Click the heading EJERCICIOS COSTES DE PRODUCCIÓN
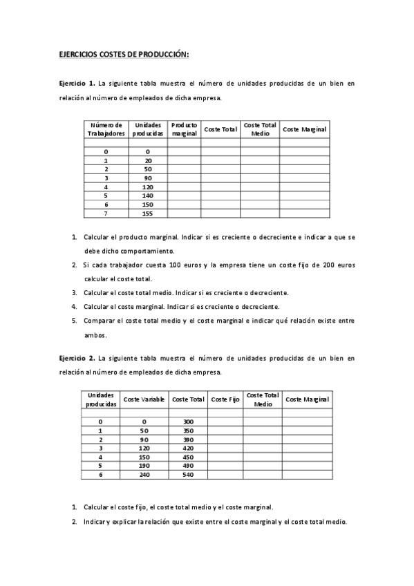[123, 54]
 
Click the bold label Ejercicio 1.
[77, 84]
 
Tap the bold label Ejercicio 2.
[77, 358]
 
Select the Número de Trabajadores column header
[106, 129]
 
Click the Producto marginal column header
[185, 129]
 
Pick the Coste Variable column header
[144, 399]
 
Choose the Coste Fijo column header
[225, 399]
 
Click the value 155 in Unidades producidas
[147, 214]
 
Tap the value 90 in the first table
[148, 178]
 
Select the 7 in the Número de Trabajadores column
[106, 214]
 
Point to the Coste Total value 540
[189, 475]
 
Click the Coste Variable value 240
[144, 475]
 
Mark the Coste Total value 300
[189, 422]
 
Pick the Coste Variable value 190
[144, 466]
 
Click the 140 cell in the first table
[148, 196]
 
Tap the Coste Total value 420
[189, 448]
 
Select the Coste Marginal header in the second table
[307, 399]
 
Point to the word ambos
[95, 335]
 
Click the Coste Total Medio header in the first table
[260, 129]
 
